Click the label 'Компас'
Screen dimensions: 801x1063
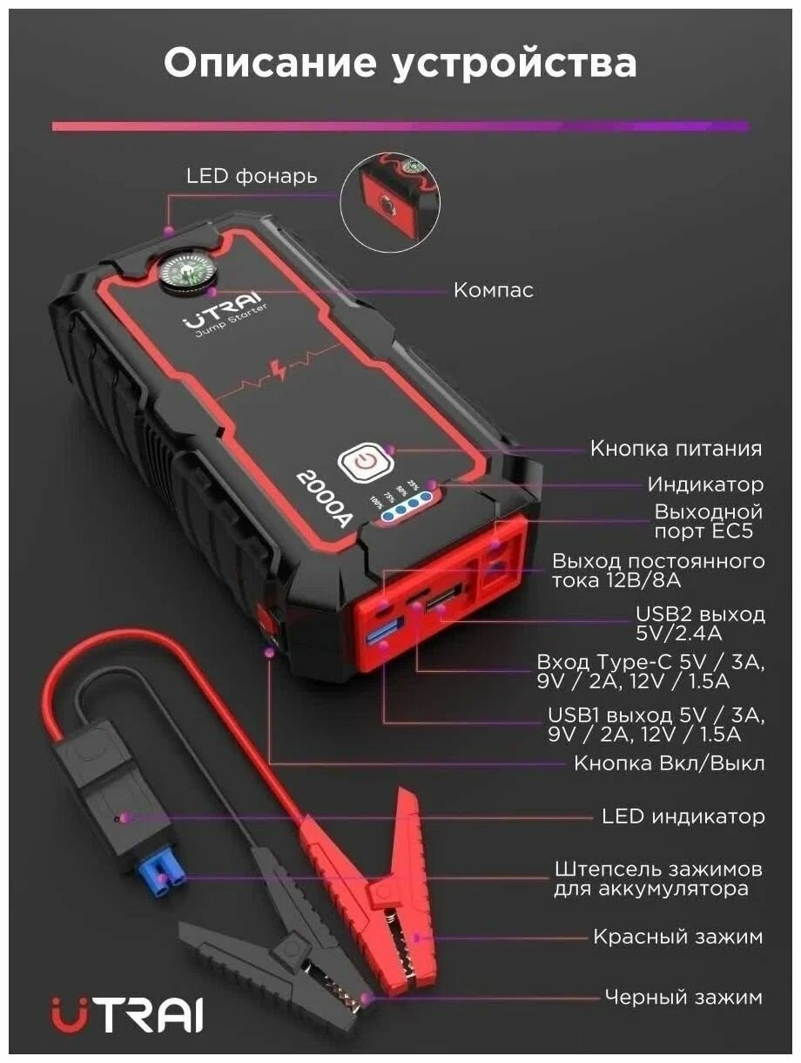[x=493, y=290]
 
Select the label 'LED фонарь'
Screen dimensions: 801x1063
[x=252, y=175]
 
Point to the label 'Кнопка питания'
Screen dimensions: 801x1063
[x=676, y=449]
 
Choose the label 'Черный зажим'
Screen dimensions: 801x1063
[x=683, y=997]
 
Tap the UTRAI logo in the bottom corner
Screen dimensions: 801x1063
[x=128, y=1014]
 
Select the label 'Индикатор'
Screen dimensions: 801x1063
[x=705, y=484]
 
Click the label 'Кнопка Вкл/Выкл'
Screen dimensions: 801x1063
[x=669, y=763]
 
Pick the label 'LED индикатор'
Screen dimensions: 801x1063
[x=683, y=816]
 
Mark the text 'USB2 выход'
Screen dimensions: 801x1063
[x=700, y=614]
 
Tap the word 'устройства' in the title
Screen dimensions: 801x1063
[x=515, y=64]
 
